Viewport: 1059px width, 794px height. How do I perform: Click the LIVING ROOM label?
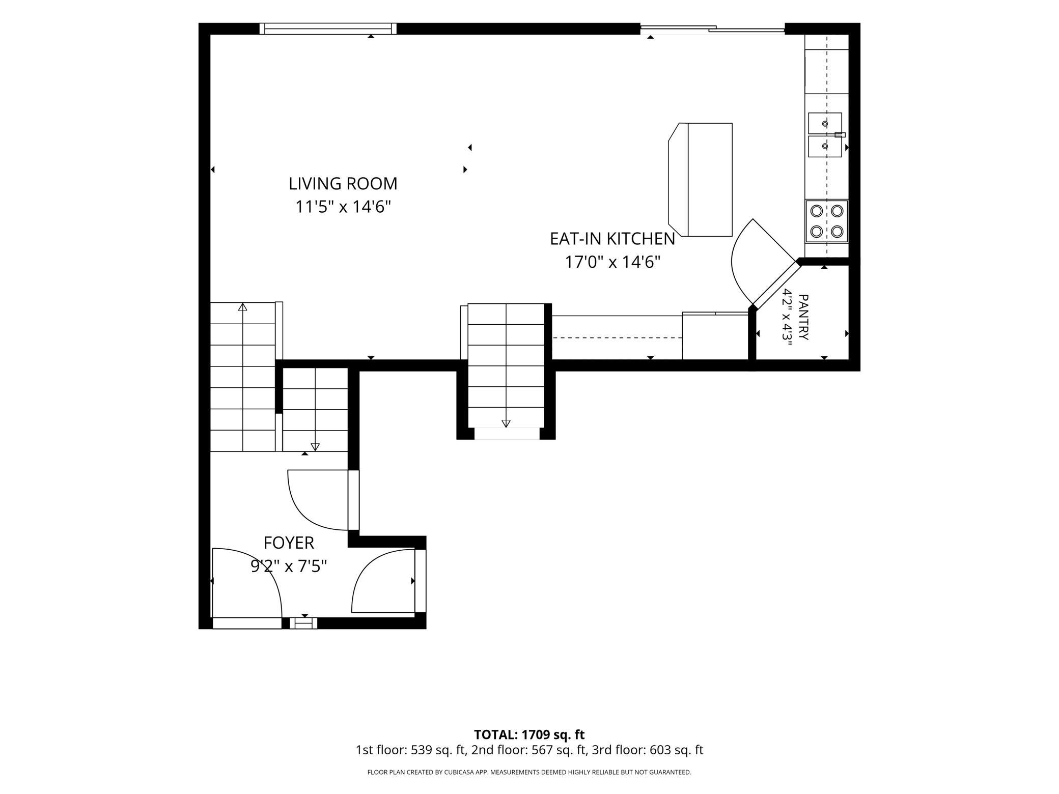pyautogui.click(x=343, y=184)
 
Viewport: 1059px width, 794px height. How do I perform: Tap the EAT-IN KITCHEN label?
pyautogui.click(x=612, y=239)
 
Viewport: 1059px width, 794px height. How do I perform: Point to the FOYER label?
pyautogui.click(x=289, y=543)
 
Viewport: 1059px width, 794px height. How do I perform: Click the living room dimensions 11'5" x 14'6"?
pyautogui.click(x=343, y=207)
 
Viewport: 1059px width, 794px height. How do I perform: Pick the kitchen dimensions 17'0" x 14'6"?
pyautogui.click(x=612, y=262)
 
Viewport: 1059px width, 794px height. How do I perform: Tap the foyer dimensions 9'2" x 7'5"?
pyautogui.click(x=289, y=566)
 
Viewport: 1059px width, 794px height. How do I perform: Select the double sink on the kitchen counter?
pyautogui.click(x=825, y=135)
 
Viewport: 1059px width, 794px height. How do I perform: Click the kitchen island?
pyautogui.click(x=701, y=180)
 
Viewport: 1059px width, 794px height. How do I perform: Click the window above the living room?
pyautogui.click(x=328, y=29)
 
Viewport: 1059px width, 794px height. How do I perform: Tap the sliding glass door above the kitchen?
pyautogui.click(x=712, y=29)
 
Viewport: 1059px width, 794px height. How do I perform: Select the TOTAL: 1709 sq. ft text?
pyautogui.click(x=529, y=734)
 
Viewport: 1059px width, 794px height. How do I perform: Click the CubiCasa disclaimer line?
pyautogui.click(x=529, y=772)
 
